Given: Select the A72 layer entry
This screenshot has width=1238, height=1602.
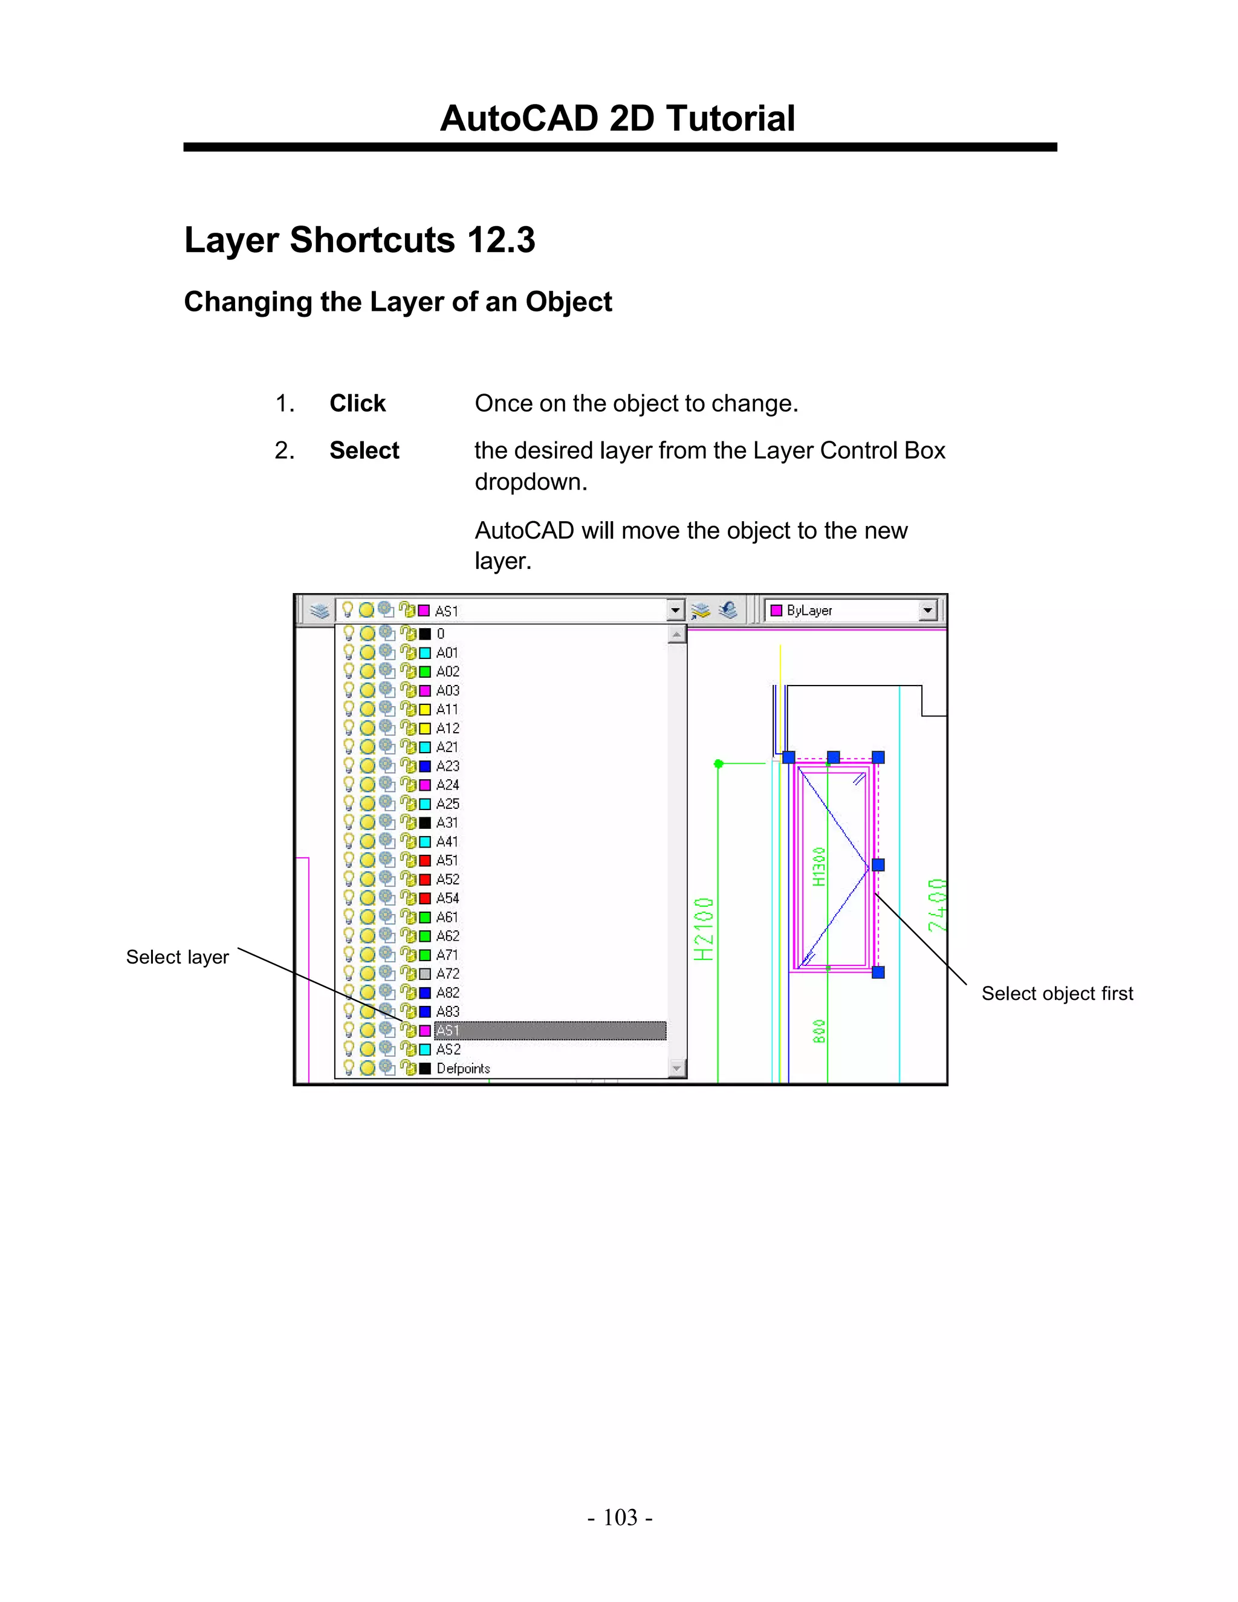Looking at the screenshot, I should (447, 974).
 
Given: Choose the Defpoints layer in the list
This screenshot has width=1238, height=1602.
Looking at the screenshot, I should (463, 1069).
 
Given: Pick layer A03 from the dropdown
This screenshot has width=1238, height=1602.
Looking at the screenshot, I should (447, 690).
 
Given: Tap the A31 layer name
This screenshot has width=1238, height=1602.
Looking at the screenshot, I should (447, 823).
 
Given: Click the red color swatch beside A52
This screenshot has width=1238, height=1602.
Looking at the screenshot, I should (424, 880).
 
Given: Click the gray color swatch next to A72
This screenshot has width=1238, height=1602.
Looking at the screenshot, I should (424, 974).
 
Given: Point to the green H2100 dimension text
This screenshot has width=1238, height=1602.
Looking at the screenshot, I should (704, 929).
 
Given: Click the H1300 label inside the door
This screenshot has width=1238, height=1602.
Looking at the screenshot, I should (819, 867).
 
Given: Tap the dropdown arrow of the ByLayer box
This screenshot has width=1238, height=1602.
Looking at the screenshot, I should (928, 611).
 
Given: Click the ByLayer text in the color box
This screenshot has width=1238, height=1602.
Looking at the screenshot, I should (809, 611).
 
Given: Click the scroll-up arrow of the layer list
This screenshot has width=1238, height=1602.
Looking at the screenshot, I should (677, 634).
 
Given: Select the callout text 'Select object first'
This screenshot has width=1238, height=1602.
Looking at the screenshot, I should (1057, 994).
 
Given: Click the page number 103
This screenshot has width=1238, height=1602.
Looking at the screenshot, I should (620, 1517).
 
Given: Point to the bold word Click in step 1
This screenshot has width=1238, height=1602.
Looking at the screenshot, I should (357, 403).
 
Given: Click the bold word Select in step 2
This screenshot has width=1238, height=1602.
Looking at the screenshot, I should (364, 450).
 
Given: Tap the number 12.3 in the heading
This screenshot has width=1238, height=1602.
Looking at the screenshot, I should (501, 240).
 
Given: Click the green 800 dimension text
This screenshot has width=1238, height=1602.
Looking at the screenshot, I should (819, 1031).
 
